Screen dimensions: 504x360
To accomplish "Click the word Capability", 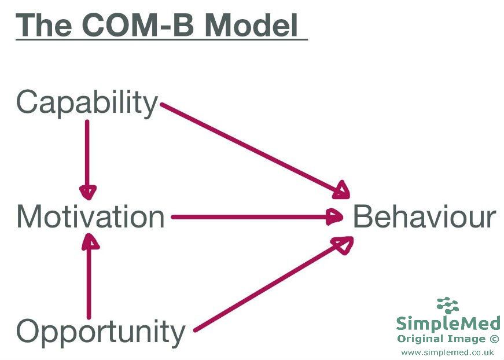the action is pyautogui.click(x=87, y=103).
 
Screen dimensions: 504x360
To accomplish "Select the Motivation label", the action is pyautogui.click(x=90, y=217).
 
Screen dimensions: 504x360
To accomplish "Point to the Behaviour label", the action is pyautogui.click(x=425, y=217).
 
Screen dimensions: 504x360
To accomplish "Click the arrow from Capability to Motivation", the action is pyautogui.click(x=87, y=159).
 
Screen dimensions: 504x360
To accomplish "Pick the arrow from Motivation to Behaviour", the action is pyautogui.click(x=257, y=217).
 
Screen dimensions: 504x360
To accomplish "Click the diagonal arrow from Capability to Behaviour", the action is pyautogui.click(x=255, y=150).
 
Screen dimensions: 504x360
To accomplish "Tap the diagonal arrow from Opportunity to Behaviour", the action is pyautogui.click(x=274, y=284).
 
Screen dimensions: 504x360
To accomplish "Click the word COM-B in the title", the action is pyautogui.click(x=138, y=25).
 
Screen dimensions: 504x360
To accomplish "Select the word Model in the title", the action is pyautogui.click(x=251, y=25).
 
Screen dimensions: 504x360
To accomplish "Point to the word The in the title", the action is pyautogui.click(x=44, y=25).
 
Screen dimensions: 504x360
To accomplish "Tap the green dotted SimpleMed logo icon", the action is pyautogui.click(x=448, y=306).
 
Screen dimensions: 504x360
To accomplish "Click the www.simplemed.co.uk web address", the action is pyautogui.click(x=447, y=352).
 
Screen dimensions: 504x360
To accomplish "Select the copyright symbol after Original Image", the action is pyautogui.click(x=494, y=339).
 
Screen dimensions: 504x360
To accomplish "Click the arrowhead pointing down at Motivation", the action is pyautogui.click(x=88, y=193).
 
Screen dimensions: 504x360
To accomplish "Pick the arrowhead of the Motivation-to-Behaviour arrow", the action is pyautogui.click(x=334, y=217).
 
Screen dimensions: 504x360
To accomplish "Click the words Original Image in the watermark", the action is pyautogui.click(x=442, y=339).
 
